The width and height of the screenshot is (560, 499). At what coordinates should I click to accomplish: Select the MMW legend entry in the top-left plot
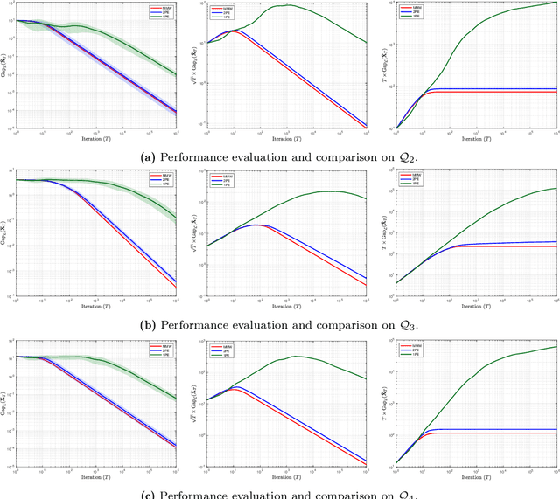click(x=158, y=9)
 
